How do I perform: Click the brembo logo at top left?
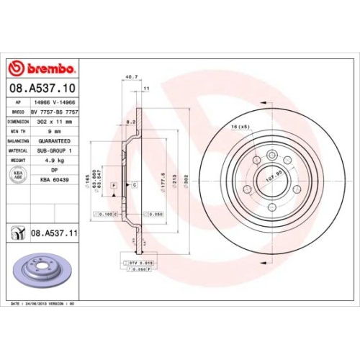41,68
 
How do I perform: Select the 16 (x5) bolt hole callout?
240,127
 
